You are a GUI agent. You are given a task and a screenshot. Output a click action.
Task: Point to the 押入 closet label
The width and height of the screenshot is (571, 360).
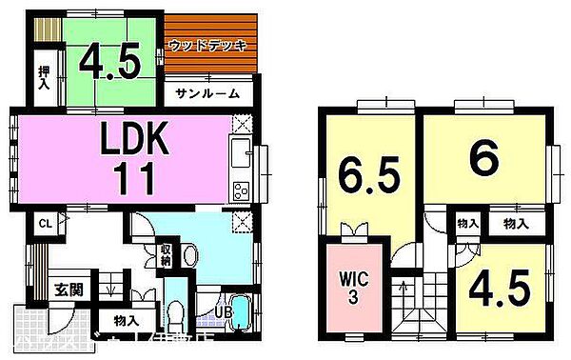tap(44, 76)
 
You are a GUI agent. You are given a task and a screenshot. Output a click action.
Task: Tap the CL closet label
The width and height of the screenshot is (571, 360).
tap(44, 224)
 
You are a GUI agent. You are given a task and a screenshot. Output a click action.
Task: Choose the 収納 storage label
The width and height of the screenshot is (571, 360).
tap(164, 254)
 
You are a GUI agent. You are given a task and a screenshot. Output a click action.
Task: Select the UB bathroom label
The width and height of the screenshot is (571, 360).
tap(218, 310)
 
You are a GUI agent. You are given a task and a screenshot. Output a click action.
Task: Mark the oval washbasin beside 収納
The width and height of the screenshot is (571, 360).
tap(189, 254)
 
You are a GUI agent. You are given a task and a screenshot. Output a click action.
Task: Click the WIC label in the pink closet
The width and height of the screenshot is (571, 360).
tap(349, 286)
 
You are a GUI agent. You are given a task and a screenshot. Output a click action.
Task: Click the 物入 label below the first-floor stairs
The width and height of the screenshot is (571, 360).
tap(125, 321)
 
